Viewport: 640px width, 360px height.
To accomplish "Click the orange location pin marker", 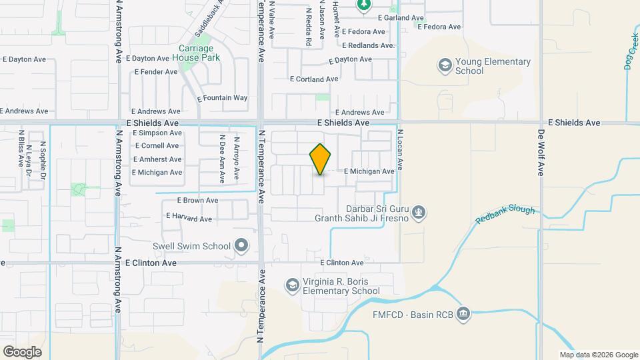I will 320,159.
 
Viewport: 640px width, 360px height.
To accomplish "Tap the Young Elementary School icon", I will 445,65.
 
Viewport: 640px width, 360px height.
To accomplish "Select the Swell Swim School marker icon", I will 242,246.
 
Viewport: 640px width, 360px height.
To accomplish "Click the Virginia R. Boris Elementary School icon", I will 291,286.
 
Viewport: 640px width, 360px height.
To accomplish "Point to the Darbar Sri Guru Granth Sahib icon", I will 419,212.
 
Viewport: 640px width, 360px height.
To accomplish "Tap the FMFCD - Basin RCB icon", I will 464,313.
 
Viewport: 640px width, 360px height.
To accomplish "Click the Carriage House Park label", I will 197,53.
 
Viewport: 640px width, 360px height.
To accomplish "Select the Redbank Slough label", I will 505,215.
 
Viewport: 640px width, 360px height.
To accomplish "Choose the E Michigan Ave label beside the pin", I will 369,171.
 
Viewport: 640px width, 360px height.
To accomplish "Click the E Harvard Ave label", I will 188,219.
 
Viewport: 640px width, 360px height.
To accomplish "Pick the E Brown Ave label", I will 197,200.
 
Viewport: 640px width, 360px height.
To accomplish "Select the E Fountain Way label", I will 223,98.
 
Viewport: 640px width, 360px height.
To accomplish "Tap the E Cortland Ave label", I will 314,79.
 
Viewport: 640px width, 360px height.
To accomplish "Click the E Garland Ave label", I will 401,18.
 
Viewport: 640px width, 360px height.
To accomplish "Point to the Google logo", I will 22,351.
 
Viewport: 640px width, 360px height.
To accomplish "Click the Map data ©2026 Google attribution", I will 599,355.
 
